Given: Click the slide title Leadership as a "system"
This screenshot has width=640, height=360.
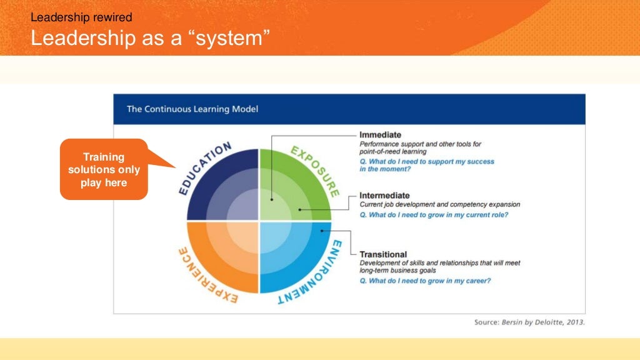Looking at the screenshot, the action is point(150,38).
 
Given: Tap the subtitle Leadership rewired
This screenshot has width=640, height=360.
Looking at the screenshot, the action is point(81,17).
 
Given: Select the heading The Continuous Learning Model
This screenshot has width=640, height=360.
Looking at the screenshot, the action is point(192,109).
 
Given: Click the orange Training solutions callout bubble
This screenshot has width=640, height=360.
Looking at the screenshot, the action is point(104,169).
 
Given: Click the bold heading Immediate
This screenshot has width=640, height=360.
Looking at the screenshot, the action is point(380,135).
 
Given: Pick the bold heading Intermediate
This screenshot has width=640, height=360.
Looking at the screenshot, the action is point(384,196).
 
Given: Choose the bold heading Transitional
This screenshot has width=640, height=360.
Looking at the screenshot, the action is point(383,254).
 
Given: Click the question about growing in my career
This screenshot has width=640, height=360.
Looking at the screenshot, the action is point(425,281).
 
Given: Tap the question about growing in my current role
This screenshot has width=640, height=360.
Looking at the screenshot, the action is point(434,215).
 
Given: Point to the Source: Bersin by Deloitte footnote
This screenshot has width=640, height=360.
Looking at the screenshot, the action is point(529,322).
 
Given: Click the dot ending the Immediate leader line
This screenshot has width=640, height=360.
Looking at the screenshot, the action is point(272,199).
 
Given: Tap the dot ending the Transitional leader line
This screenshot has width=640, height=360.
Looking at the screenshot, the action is point(322,231).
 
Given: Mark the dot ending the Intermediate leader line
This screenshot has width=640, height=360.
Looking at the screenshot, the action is point(299,210).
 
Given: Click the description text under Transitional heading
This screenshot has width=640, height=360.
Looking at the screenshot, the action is point(439,266).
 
